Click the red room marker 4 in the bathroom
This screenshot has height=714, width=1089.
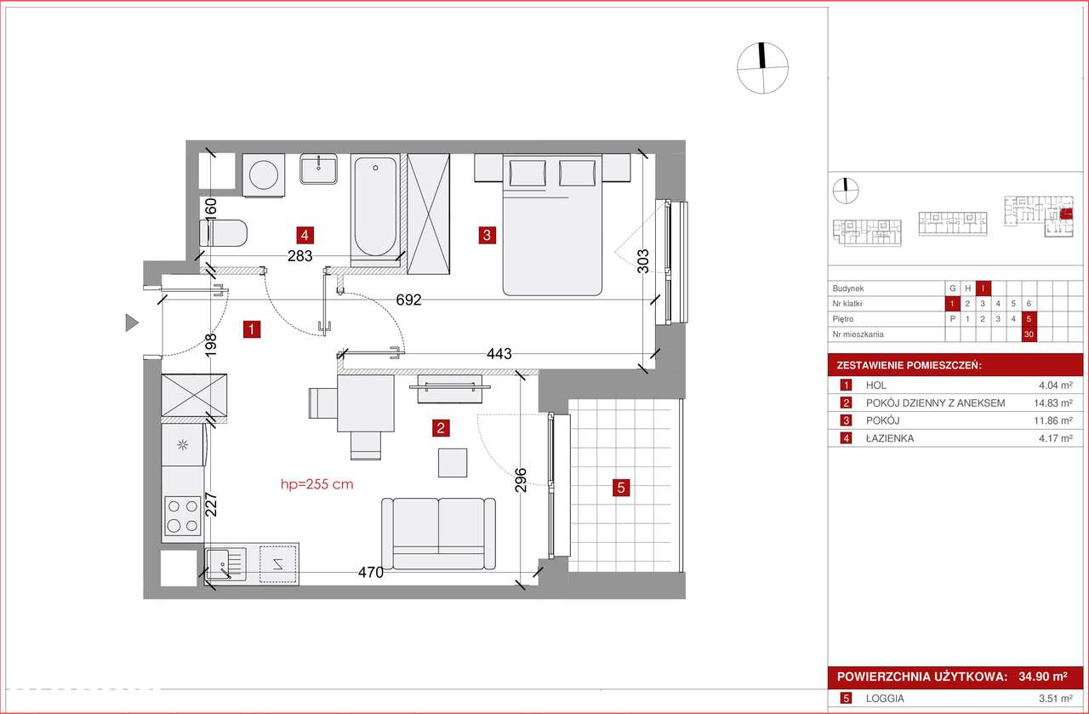point(305,236)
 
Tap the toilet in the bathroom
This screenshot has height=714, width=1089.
point(223,233)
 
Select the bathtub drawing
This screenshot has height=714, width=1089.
point(375,206)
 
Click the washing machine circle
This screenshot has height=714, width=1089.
point(264,174)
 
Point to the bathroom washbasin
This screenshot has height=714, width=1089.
point(318,169)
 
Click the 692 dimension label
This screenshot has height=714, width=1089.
point(408,300)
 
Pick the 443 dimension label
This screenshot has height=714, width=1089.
point(499,353)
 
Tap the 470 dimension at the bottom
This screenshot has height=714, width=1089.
point(370,573)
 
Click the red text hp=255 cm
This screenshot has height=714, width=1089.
point(317,484)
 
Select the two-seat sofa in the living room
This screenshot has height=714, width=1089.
point(438,534)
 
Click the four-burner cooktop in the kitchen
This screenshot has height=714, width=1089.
point(183,516)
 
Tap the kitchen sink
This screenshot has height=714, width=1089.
point(225,564)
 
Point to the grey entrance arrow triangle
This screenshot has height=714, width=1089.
point(132,323)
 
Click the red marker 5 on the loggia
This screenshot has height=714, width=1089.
point(621,488)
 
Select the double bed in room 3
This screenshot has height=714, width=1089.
point(552,226)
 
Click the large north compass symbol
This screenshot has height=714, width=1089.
point(762,68)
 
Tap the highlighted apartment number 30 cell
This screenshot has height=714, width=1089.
point(1029,334)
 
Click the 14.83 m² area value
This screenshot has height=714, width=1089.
point(1053,403)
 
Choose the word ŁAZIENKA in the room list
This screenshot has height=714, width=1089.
point(890,438)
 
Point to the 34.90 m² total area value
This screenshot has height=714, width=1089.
point(1043,677)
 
